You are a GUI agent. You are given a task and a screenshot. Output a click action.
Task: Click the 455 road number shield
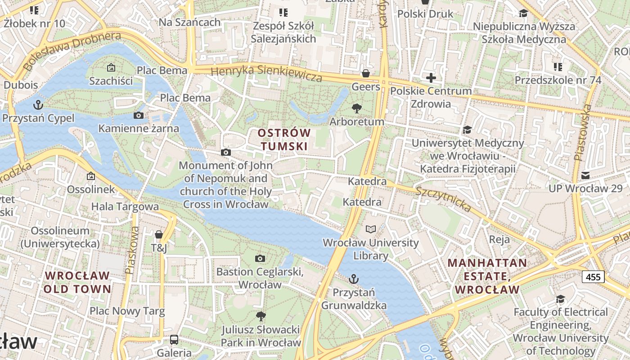point(593,277)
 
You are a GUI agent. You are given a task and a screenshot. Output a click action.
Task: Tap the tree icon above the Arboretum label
point(357,108)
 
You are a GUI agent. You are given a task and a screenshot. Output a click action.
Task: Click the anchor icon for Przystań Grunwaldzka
point(354,279)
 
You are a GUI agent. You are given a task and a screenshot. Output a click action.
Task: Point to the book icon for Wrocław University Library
point(370,229)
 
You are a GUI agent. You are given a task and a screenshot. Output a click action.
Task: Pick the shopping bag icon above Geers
point(366,73)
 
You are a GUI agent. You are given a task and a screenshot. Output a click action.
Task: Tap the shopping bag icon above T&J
point(159,234)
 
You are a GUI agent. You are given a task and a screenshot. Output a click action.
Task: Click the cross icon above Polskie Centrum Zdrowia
point(431,78)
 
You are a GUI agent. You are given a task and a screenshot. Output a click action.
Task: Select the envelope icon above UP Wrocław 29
point(585,175)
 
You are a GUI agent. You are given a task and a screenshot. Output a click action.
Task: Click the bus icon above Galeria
point(174,340)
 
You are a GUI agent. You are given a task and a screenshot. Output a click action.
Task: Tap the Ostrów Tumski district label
point(284,139)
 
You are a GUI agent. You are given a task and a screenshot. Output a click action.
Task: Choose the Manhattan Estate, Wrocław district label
point(487,276)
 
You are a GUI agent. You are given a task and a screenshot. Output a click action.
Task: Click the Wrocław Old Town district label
point(77,282)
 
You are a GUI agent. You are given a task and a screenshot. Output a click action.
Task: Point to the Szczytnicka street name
point(444,199)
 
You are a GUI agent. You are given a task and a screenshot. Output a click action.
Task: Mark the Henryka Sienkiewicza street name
point(266,73)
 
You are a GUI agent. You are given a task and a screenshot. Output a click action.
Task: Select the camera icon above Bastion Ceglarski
point(260,258)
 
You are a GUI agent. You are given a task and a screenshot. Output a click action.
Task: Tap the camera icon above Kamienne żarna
point(139,116)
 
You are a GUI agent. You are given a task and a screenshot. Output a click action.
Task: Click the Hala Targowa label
point(125,207)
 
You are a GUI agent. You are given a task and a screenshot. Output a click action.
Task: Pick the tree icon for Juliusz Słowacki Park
point(261,316)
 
